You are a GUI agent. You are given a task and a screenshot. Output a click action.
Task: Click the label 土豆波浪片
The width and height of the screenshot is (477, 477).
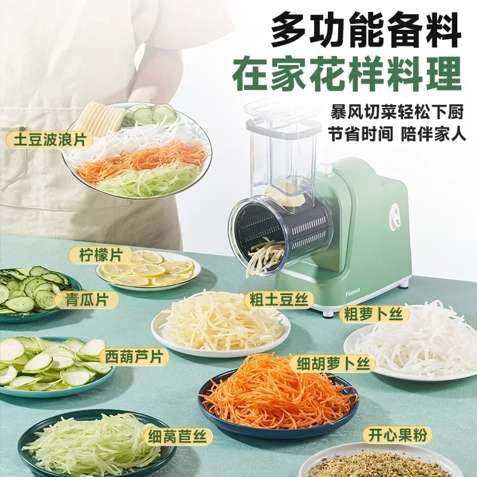coord(47,141)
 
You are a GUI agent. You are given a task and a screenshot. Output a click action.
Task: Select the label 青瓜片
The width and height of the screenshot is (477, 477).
coord(86,299)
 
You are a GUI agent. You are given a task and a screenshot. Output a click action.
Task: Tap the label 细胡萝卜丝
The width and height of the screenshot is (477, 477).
coord(332,363)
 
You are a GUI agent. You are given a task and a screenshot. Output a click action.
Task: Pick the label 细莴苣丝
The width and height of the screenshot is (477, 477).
coord(178,436)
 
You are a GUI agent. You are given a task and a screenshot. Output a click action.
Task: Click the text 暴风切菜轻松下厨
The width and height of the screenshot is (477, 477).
coord(397,111)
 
